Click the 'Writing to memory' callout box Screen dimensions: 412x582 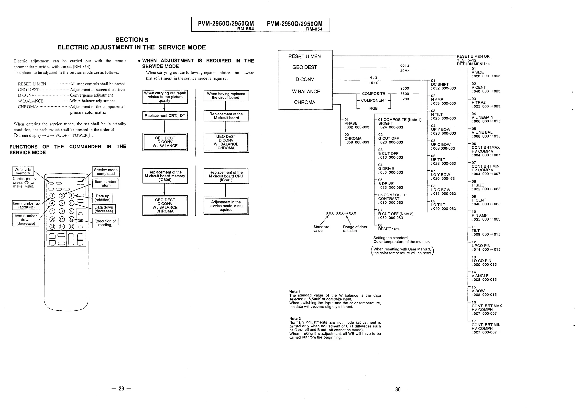(23, 171)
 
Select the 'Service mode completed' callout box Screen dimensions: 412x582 (106, 172)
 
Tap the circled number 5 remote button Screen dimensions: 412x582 (62, 203)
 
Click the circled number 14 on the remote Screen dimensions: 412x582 (62, 226)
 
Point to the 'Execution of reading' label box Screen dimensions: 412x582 (105, 223)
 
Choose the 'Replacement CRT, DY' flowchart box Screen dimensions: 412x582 (165, 116)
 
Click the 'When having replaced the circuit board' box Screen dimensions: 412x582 (226, 96)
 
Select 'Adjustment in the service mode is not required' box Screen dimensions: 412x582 (226, 206)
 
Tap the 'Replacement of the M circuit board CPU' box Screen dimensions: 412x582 (226, 176)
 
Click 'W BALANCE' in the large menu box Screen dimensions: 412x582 (306, 91)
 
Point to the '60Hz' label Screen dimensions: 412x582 (405, 65)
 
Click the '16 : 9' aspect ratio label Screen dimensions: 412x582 (373, 83)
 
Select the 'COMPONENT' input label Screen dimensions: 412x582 (373, 100)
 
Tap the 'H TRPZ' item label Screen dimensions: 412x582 (478, 102)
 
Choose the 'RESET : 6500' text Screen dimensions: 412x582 (390, 229)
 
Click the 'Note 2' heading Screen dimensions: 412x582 (295, 318)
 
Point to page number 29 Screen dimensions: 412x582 (121, 388)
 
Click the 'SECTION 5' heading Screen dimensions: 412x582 (132, 40)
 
